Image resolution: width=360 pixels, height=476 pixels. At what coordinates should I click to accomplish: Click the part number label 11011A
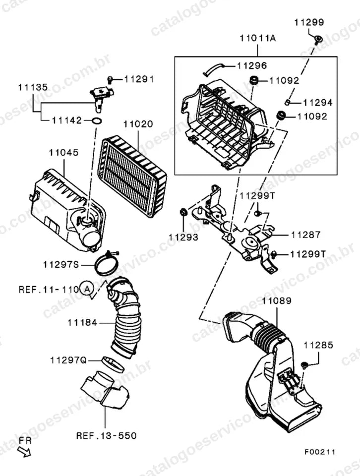[x=257, y=38]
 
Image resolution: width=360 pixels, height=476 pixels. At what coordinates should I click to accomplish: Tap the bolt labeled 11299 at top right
[x=318, y=40]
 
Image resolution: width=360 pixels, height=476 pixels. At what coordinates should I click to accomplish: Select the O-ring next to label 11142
[x=97, y=121]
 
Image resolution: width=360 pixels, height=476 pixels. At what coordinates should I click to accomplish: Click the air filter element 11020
[x=132, y=176]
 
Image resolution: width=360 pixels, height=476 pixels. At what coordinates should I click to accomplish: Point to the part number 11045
[x=64, y=152]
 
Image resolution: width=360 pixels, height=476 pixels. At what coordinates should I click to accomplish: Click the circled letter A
[x=87, y=289]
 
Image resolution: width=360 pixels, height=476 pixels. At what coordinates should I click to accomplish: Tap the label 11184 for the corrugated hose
[x=82, y=322]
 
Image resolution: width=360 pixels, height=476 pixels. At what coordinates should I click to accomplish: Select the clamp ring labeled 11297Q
[x=113, y=364]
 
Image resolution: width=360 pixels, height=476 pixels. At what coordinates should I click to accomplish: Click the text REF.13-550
[x=106, y=436]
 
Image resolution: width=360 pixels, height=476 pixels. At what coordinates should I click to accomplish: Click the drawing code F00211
[x=320, y=452]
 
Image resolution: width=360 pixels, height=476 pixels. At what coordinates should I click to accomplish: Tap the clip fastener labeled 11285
[x=304, y=365]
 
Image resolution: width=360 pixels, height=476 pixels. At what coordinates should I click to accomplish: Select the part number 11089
[x=277, y=300]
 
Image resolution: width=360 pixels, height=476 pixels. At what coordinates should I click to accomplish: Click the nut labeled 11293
[x=183, y=212]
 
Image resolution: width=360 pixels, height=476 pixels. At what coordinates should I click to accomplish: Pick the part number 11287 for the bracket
[x=305, y=235]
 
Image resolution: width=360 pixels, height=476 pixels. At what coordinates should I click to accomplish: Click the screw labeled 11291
[x=110, y=80]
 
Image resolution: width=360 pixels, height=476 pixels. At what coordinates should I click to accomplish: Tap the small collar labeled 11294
[x=287, y=102]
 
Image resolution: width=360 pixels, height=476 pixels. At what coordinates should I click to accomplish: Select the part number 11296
[x=252, y=65]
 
